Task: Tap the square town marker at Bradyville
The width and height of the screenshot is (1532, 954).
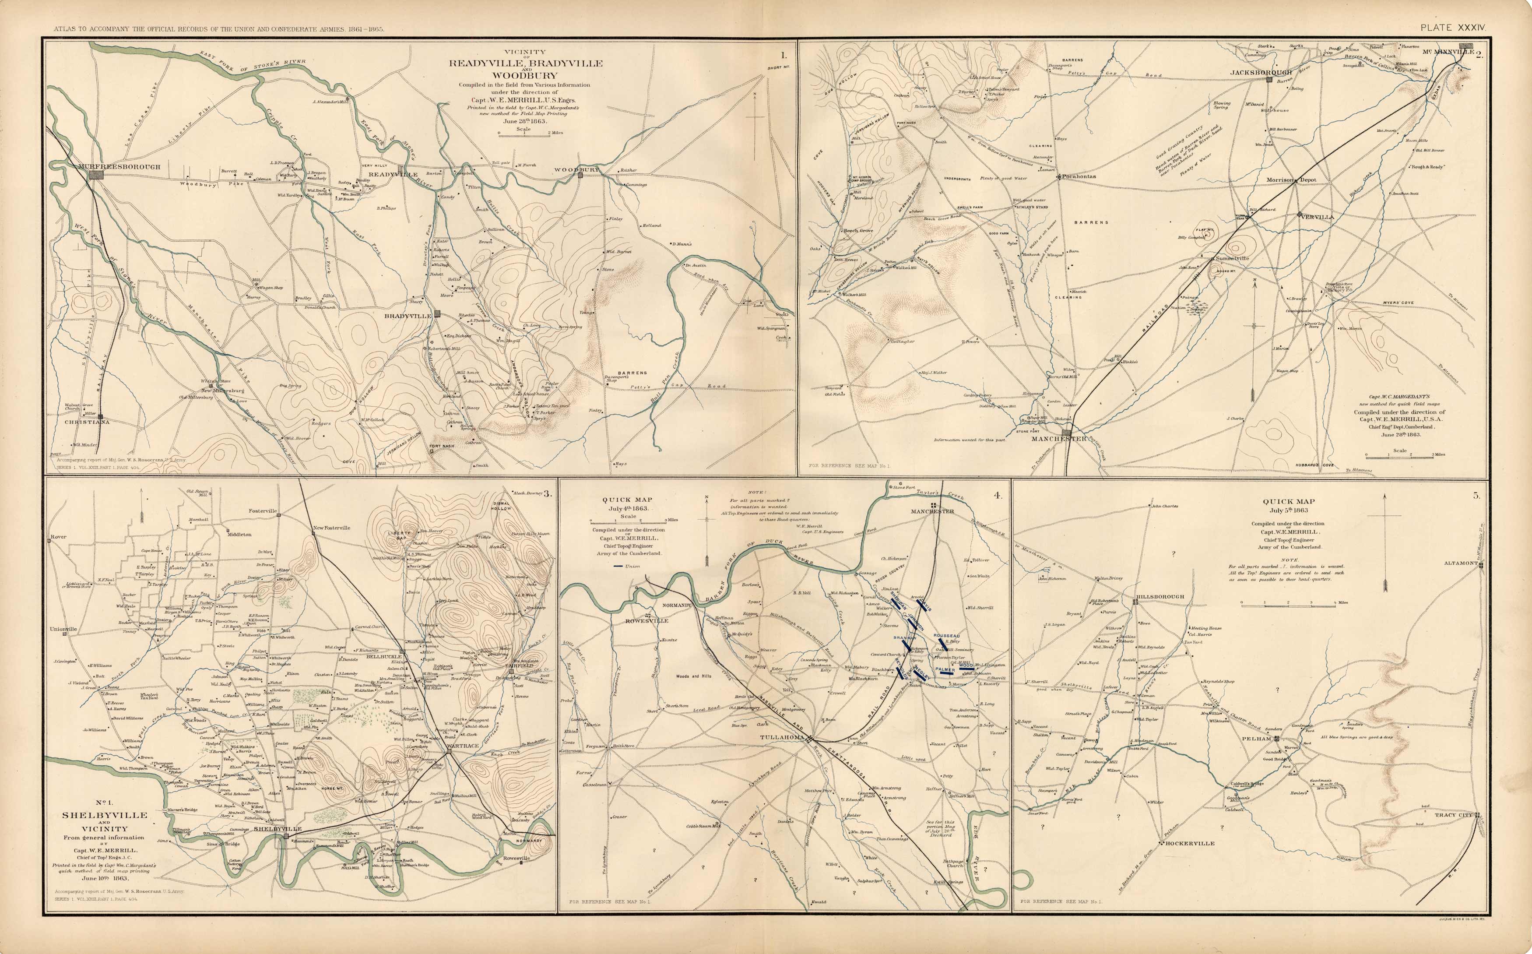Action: [438, 315]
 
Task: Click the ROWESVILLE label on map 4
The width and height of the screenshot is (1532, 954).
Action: [647, 621]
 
